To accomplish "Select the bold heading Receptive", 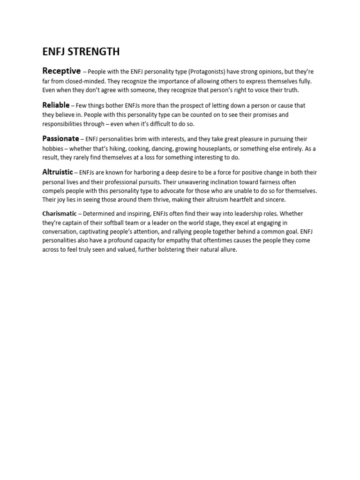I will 61,71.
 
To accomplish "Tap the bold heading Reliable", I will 56,105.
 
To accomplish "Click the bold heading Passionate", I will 60,139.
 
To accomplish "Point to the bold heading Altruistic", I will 58,172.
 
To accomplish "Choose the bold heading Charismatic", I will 60,214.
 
